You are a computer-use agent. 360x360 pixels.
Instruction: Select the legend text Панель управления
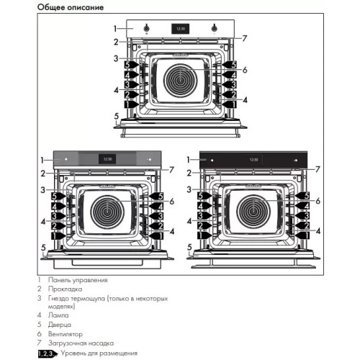coord(78,279)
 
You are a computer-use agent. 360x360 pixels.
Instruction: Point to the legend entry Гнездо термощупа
coord(79,297)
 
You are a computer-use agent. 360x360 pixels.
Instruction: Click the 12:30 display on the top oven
coord(180,29)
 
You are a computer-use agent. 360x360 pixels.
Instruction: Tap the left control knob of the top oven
coord(146,29)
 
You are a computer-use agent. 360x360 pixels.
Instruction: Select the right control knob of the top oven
coord(215,29)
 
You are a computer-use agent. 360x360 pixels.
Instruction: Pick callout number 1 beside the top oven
coord(114,28)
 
